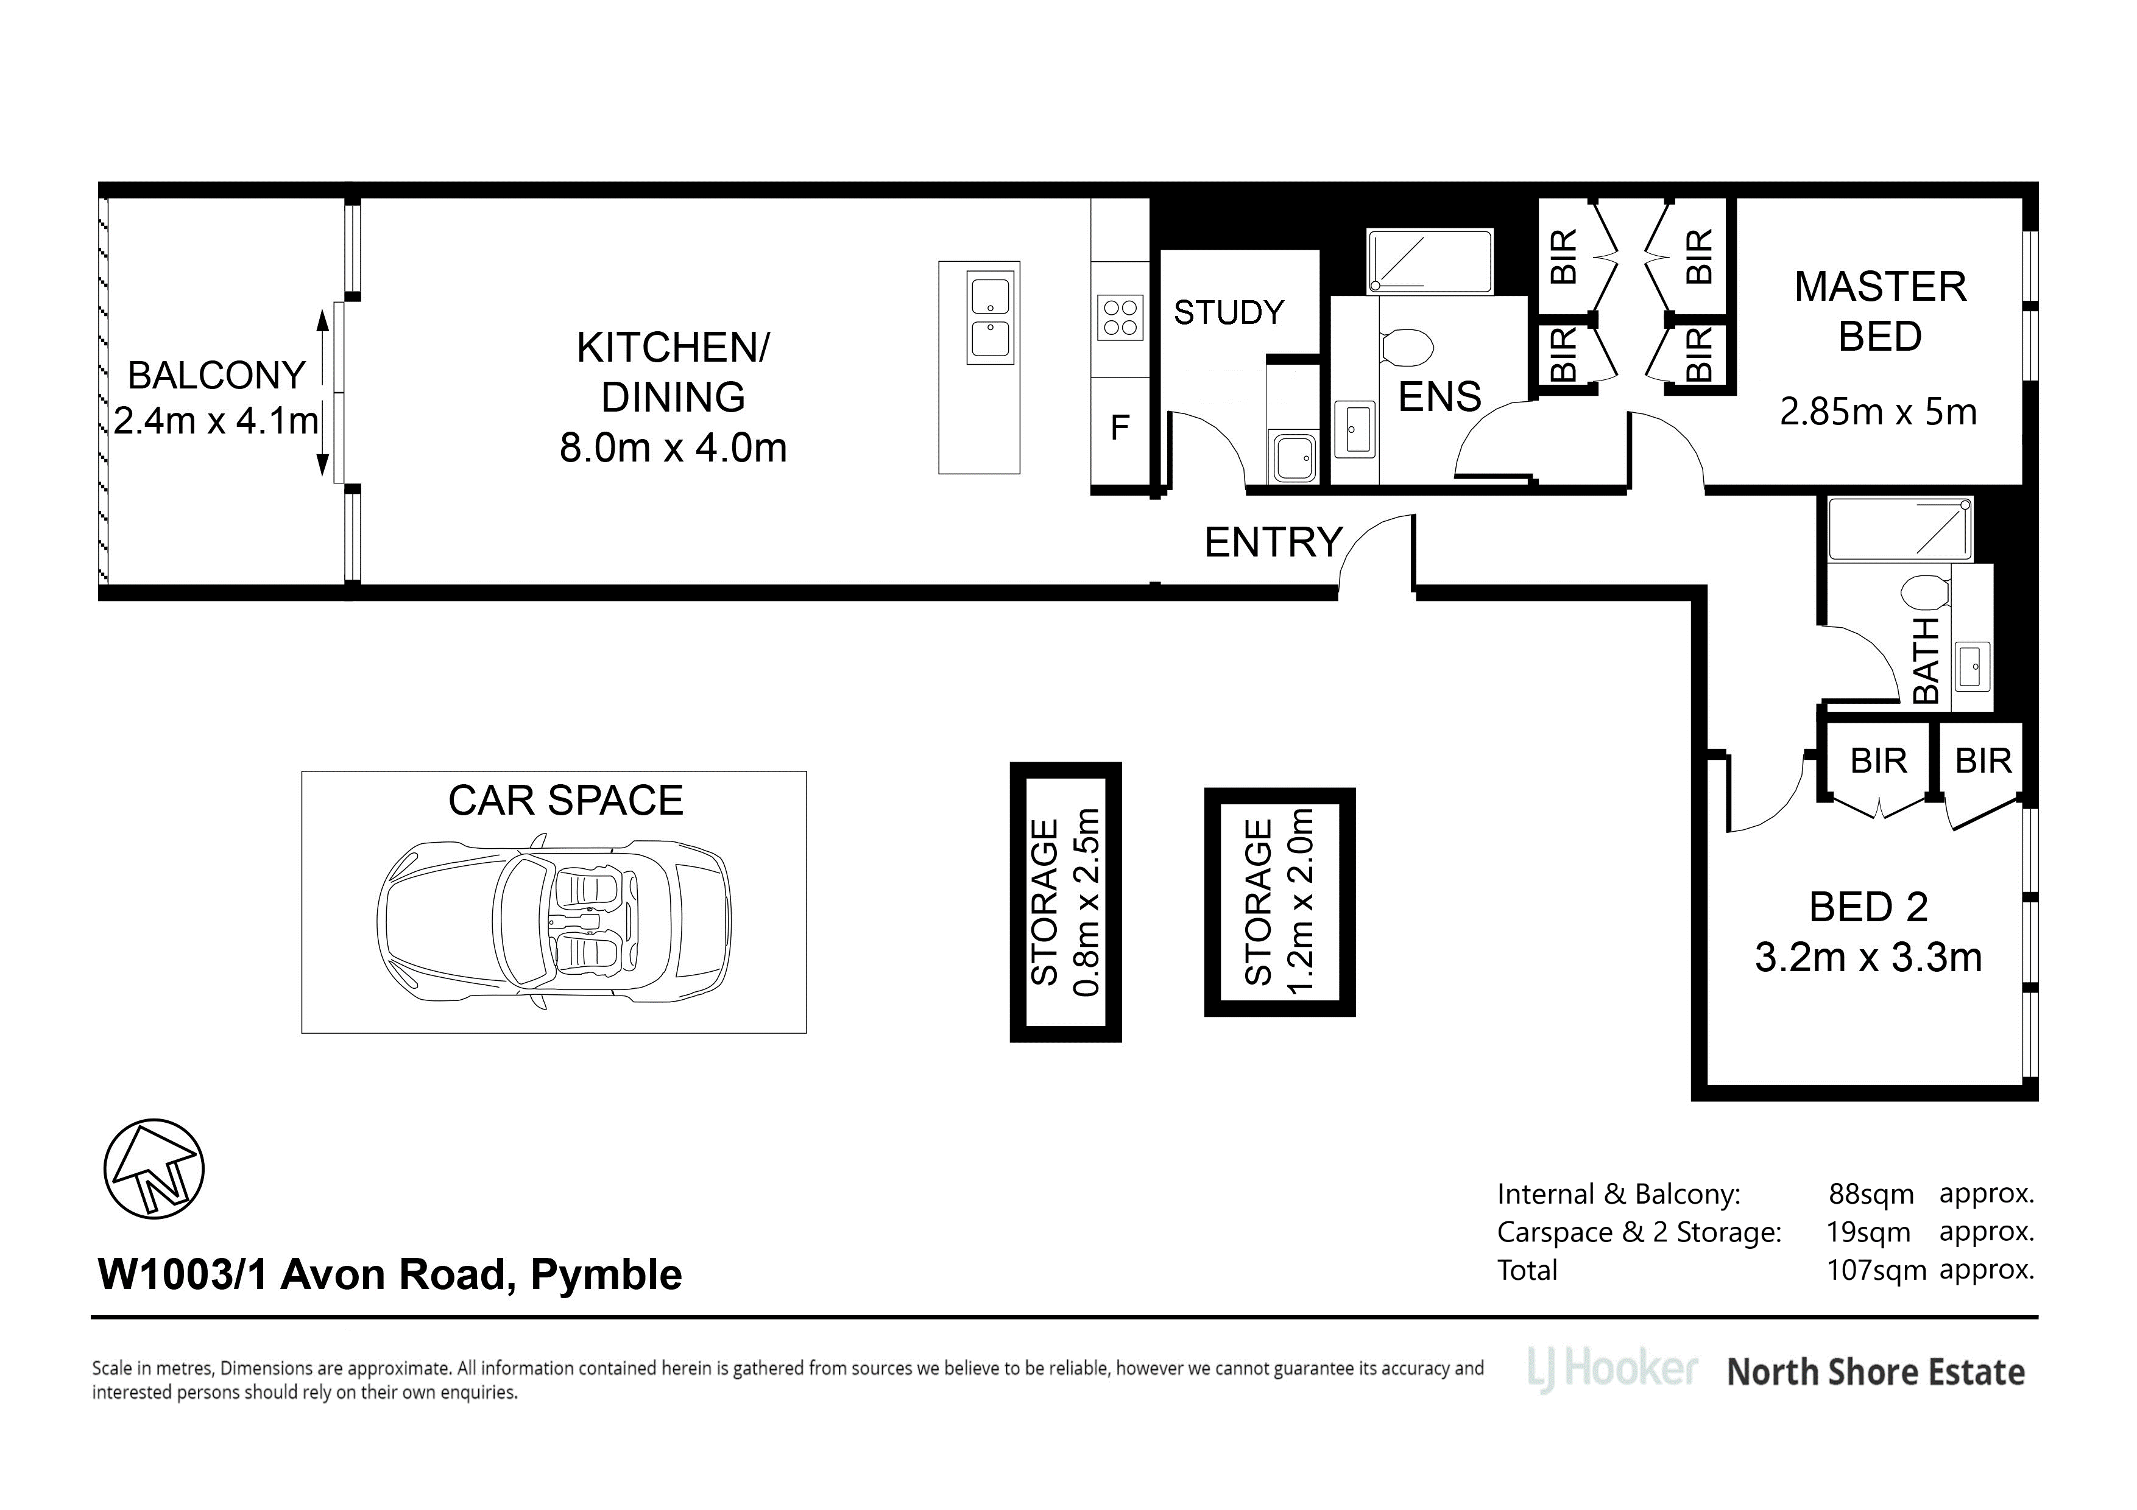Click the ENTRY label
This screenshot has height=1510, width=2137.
[1273, 543]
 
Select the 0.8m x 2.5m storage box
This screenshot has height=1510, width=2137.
[1065, 902]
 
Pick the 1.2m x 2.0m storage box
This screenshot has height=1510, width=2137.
[1280, 902]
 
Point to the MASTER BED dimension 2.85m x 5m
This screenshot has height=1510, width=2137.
[1878, 412]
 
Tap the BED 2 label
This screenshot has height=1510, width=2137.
[1868, 907]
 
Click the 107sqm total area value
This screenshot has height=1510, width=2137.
[1876, 1270]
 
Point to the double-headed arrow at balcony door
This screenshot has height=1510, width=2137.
[323, 393]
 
